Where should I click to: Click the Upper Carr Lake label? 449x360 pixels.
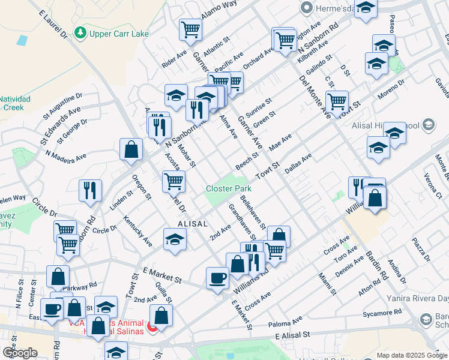[x=119, y=34]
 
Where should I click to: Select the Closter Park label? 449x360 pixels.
[x=228, y=188]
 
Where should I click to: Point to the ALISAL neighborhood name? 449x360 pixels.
[x=192, y=223]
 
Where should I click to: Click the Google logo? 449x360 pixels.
[x=19, y=352]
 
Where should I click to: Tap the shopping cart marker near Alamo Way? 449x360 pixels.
[x=190, y=29]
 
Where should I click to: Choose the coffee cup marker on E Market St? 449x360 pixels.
[x=217, y=278]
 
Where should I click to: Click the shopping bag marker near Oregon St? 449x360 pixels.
[x=131, y=149]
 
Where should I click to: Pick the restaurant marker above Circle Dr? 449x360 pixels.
[x=90, y=190]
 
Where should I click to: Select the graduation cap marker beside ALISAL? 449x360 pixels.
[x=175, y=238]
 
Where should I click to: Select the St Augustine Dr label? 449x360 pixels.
[x=62, y=106]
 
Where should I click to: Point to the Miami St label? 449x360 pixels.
[x=328, y=284]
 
